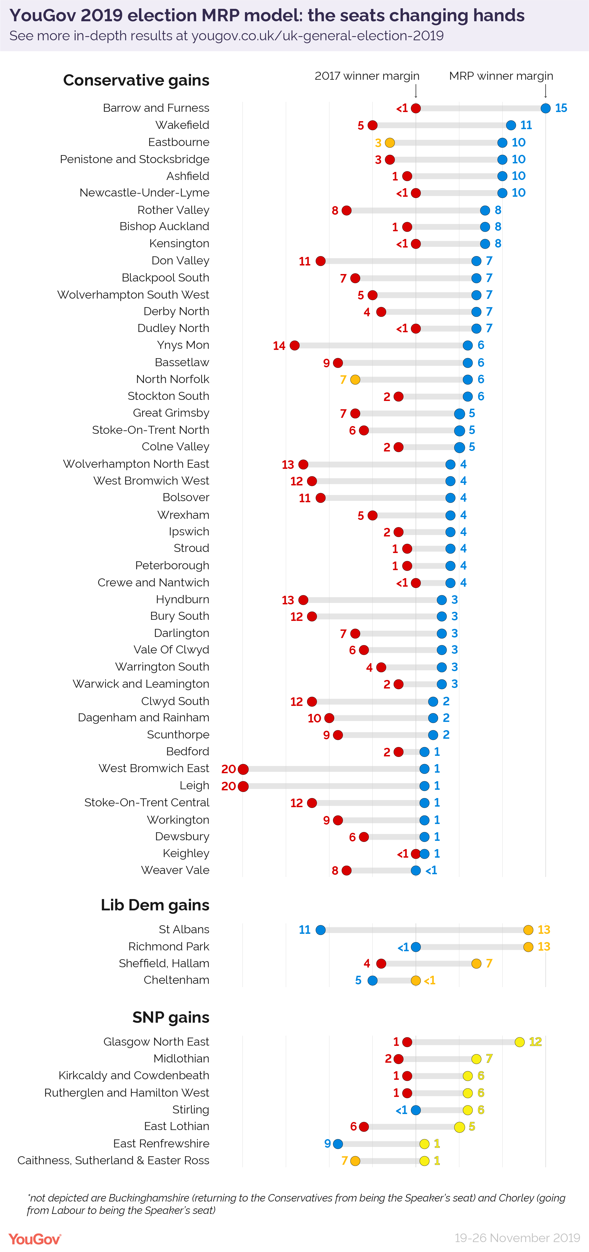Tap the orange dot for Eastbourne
(390, 142)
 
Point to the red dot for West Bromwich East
(243, 769)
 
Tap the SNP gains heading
(170, 1017)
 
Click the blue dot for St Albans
(320, 930)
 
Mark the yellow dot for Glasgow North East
(519, 1041)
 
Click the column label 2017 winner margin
(367, 76)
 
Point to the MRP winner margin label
(501, 76)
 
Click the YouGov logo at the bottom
(34, 1239)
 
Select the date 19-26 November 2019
(517, 1237)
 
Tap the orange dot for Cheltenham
(415, 980)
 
